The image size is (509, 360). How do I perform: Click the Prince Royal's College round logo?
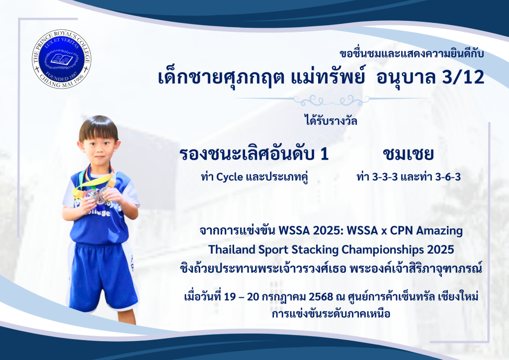click(x=62, y=59)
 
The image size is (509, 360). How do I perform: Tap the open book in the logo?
click(x=62, y=59)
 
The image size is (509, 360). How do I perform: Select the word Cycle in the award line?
click(x=230, y=177)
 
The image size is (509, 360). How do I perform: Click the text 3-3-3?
click(x=385, y=177)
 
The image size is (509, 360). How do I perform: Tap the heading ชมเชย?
click(x=408, y=155)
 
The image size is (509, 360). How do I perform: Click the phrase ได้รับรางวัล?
click(x=331, y=121)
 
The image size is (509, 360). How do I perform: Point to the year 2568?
click(x=321, y=297)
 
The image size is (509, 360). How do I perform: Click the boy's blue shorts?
click(x=101, y=276)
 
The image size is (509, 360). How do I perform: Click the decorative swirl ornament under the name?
click(x=332, y=100)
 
